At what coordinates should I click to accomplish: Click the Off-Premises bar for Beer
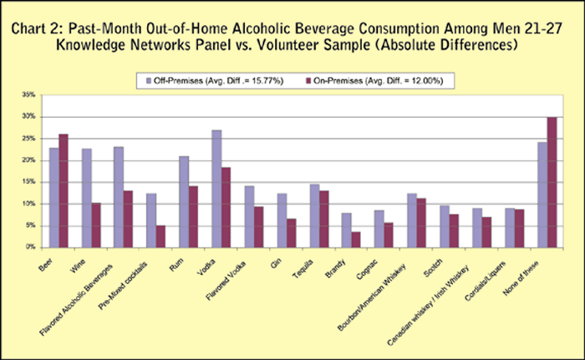click(54, 198)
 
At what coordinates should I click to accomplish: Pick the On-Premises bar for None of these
click(552, 182)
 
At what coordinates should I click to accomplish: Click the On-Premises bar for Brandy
click(356, 239)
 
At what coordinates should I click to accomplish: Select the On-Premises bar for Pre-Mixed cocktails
click(161, 236)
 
